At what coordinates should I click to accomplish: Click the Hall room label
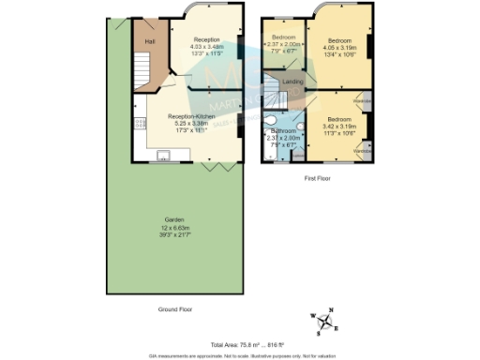coord(149,41)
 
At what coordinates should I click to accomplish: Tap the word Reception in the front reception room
coord(207,39)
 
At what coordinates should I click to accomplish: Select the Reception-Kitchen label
coord(199,116)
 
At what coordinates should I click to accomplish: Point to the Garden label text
coord(176,221)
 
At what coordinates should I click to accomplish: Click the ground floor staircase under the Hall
coord(142,71)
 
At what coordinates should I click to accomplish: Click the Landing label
coord(305,83)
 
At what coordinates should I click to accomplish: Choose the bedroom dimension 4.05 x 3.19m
coord(337,47)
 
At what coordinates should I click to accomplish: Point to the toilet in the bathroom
coord(270,119)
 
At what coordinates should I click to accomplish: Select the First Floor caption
coord(321,177)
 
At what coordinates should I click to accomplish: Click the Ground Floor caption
coord(176,307)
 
